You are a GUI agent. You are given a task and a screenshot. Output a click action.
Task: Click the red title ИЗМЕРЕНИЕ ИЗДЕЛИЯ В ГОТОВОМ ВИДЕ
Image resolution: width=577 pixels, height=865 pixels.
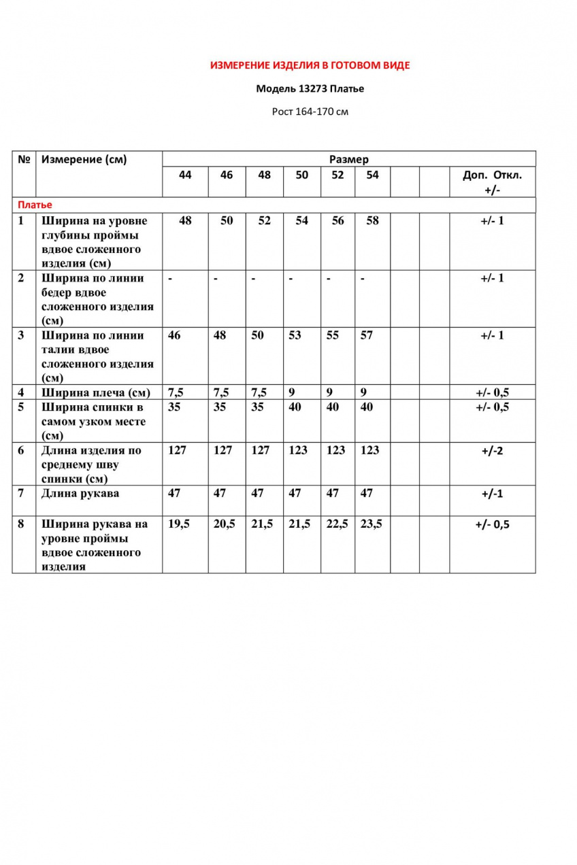coord(310,66)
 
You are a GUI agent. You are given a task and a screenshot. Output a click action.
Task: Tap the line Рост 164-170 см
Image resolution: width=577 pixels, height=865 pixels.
coord(310,112)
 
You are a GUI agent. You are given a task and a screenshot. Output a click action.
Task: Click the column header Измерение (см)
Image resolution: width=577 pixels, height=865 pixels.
coord(84,160)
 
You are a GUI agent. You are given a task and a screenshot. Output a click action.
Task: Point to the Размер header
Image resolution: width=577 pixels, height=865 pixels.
coord(348,160)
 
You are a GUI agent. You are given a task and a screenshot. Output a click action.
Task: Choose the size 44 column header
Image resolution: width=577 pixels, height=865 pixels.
coord(185,175)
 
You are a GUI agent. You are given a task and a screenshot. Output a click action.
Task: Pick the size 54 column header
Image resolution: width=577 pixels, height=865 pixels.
coord(372,175)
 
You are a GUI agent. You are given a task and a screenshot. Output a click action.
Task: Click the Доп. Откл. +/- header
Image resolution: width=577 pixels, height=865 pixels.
coord(492,182)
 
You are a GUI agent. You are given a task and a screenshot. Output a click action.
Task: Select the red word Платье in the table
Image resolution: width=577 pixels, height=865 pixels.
coord(35,205)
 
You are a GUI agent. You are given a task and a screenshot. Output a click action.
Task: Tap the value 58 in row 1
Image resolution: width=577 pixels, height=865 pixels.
coord(372,221)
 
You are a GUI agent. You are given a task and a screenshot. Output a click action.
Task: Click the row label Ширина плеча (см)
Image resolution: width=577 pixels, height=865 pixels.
coord(96,392)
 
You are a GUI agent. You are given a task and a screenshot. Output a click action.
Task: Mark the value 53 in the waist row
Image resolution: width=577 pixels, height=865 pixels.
coord(295,335)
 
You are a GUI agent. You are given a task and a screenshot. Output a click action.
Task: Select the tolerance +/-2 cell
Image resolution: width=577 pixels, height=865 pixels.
coord(492,451)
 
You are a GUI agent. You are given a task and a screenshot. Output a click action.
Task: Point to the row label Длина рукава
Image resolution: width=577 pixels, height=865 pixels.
coord(80,493)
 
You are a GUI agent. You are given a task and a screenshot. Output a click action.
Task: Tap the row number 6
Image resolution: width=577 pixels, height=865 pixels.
coord(22,450)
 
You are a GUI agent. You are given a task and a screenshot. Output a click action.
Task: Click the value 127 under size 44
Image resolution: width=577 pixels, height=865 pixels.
coord(177,450)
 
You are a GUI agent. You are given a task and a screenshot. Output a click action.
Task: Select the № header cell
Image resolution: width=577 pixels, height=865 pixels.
coord(24,160)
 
